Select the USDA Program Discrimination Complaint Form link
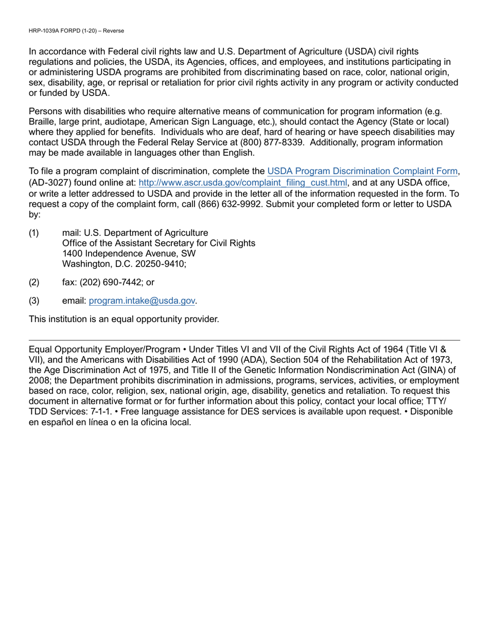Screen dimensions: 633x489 click(362, 171)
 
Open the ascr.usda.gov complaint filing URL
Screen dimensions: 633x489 click(243, 183)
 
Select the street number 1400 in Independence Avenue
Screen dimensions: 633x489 click(72, 253)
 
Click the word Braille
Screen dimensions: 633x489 click(43, 121)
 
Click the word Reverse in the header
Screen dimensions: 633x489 click(113, 31)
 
